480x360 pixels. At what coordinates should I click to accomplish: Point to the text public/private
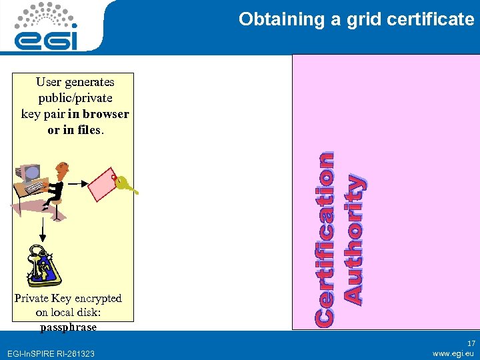point(75,98)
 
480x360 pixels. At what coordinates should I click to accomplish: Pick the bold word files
point(87,130)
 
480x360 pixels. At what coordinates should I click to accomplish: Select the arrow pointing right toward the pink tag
point(79,182)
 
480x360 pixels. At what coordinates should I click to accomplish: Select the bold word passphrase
point(68,327)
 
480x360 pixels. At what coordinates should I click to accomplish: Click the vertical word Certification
point(325,239)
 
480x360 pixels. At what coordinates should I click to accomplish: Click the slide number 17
point(471,343)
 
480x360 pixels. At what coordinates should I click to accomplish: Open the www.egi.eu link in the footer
point(453,353)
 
